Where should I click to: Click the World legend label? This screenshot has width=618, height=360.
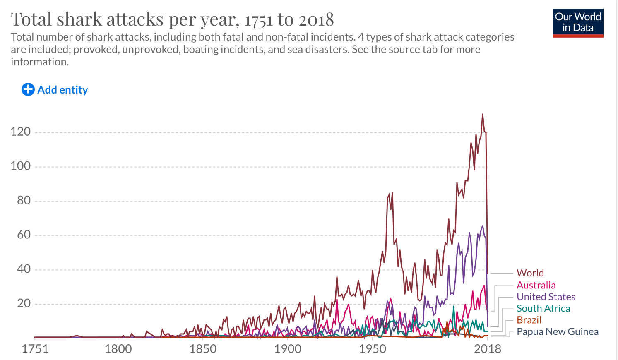[x=530, y=273]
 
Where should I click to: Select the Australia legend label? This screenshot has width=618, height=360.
[x=536, y=285]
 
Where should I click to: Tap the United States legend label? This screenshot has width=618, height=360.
[x=546, y=297]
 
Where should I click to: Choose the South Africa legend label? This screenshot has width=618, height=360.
[x=543, y=308]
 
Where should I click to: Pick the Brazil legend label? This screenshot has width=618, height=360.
[x=529, y=320]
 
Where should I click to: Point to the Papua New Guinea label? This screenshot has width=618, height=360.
[x=557, y=331]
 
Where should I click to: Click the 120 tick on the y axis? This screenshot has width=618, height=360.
[x=21, y=132]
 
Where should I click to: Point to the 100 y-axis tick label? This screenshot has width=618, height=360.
[x=21, y=166]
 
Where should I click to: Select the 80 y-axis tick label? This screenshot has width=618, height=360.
[x=24, y=201]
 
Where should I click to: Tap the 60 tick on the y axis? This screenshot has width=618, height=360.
[x=24, y=235]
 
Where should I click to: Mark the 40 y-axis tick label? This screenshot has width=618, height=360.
[x=24, y=269]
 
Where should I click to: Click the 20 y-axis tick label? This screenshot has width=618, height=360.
[x=24, y=304]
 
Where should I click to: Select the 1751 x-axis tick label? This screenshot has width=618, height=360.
[x=35, y=349]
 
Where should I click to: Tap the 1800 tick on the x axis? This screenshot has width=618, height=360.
[x=118, y=349]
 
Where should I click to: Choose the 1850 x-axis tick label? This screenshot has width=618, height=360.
[x=203, y=349]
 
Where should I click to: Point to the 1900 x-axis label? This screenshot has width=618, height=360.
[x=288, y=349]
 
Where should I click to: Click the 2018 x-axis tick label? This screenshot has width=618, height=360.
[x=488, y=349]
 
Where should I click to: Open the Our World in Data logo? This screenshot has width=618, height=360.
[x=578, y=23]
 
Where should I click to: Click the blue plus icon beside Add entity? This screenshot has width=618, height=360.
[x=28, y=89]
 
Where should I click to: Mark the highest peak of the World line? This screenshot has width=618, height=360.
[x=482, y=114]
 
